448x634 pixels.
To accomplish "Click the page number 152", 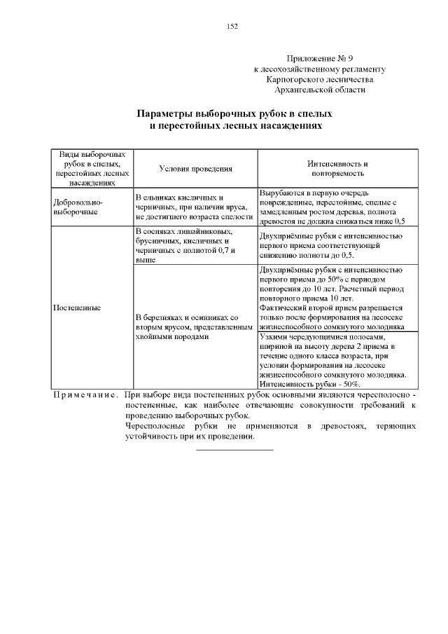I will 232,27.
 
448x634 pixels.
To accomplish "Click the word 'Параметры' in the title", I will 168,113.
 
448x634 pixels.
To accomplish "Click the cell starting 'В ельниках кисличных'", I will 193,207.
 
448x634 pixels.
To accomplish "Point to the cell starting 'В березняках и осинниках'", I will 193,326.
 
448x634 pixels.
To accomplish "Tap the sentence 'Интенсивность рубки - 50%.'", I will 310,385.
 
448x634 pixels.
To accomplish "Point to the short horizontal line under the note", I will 234,448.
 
